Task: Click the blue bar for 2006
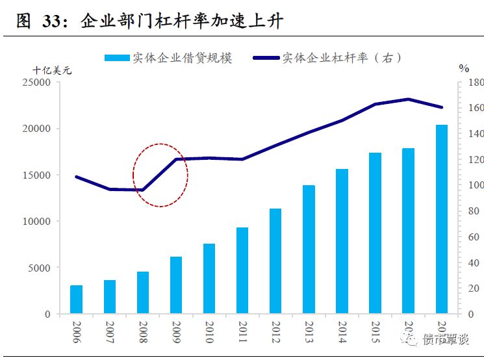(x=77, y=300)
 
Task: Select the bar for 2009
(x=176, y=285)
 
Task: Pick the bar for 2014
(x=342, y=241)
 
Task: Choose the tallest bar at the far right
(x=441, y=219)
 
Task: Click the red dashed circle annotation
(x=160, y=174)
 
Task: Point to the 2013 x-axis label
(x=309, y=332)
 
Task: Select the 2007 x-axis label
(x=110, y=332)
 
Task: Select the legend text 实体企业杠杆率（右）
(x=342, y=58)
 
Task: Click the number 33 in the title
(x=53, y=21)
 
